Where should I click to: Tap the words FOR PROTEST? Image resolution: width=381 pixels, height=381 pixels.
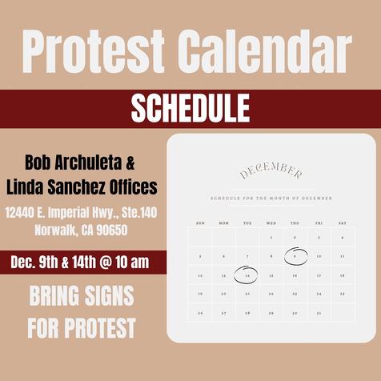[x=82, y=327]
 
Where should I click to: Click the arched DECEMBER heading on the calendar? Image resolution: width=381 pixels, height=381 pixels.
[x=271, y=172]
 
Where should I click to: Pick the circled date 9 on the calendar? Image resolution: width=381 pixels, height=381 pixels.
[x=295, y=256]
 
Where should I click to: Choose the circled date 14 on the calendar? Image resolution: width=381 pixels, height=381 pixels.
[x=247, y=275]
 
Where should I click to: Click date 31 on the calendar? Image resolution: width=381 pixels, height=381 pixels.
[x=319, y=313]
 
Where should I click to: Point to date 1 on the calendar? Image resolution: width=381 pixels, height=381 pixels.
[x=271, y=238]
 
